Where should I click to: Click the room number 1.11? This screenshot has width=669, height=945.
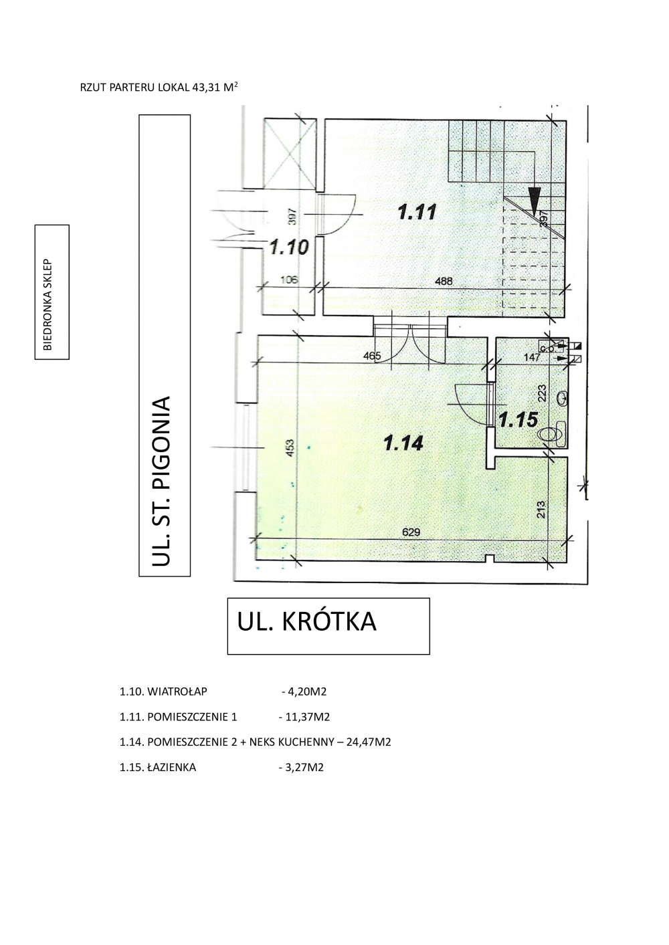coord(417,211)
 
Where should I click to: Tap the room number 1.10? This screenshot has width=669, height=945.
coord(289,247)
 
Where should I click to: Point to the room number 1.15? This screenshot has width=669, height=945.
coord(518,419)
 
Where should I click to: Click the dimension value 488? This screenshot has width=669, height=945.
coord(443,281)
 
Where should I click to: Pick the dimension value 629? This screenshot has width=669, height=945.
coord(411,532)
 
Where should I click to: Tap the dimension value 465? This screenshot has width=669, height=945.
coord(372,356)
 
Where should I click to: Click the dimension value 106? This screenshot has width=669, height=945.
coord(289,280)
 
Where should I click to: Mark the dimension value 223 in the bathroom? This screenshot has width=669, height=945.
coord(543,393)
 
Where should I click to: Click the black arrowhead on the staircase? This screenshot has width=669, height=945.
coord(535,202)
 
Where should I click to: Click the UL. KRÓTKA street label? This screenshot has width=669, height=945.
coord(307,622)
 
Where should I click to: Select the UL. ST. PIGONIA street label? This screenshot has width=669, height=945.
coord(162,480)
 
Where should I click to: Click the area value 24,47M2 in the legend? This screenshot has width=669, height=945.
coord(369,742)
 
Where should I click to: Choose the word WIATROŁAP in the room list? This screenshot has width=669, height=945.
coord(177,692)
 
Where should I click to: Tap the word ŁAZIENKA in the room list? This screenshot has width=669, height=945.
coord(172,767)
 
